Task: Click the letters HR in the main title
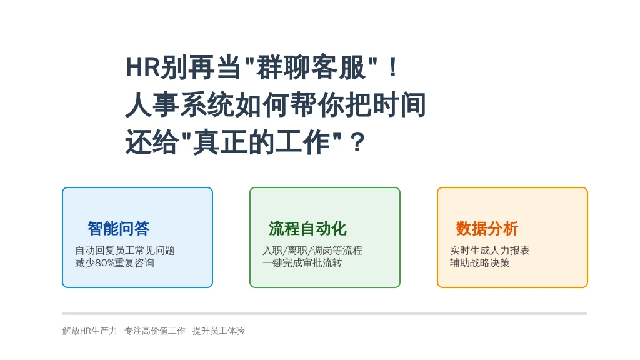142,67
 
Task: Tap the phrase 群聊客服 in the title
311,67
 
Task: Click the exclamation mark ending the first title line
393,67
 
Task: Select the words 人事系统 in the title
179,105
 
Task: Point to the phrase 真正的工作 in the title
261,142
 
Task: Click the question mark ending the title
357,142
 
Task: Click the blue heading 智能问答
119,229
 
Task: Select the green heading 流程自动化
307,229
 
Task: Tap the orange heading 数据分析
487,229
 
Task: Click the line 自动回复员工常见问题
125,250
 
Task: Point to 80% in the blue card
104,263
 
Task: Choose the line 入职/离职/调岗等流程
312,250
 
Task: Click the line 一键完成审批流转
302,263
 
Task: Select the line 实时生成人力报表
490,250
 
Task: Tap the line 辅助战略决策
480,263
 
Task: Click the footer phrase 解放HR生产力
90,331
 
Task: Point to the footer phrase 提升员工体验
219,331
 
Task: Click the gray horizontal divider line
325,314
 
